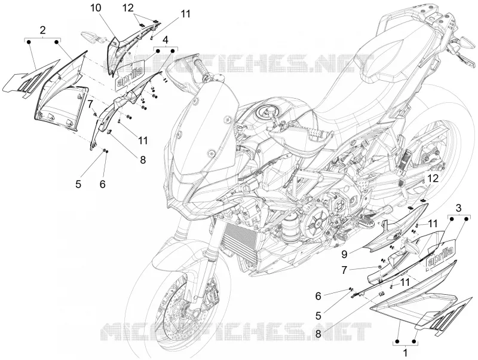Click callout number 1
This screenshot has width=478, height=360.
(x=405, y=353)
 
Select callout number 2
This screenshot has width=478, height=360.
(x=42, y=30)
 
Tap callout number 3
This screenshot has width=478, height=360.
(x=458, y=208)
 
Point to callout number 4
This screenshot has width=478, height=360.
(x=166, y=39)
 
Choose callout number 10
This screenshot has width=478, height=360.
(x=96, y=8)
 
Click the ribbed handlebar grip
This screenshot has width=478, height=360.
(x=203, y=68)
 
